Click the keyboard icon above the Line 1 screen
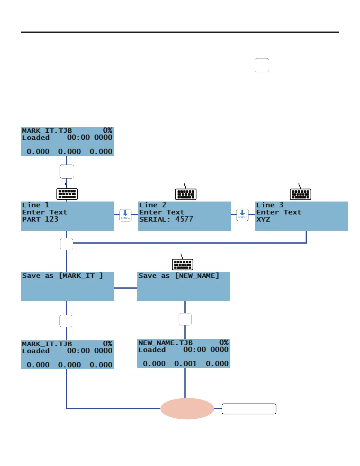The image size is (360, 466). click(x=67, y=194)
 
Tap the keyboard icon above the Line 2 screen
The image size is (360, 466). click(x=186, y=194)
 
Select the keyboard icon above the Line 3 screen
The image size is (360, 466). click(x=301, y=194)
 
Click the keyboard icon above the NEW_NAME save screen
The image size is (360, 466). click(x=182, y=264)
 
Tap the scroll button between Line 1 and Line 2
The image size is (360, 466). click(x=125, y=215)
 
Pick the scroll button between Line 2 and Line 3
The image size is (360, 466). click(x=242, y=215)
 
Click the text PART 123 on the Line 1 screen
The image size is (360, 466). click(x=40, y=219)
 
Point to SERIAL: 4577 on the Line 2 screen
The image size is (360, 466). click(x=166, y=219)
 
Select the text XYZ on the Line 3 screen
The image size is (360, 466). click(x=263, y=219)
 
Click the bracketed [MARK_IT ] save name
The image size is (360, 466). click(x=81, y=276)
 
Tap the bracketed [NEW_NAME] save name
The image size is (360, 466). click(x=197, y=276)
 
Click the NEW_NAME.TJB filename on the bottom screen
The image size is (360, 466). click(x=166, y=343)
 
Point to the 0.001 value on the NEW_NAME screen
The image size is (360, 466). click(x=186, y=364)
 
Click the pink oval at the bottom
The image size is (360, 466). click(x=187, y=409)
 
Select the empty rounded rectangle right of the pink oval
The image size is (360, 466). click(x=249, y=409)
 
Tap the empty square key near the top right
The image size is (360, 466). click(x=262, y=65)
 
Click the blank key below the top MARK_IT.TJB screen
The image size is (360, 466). click(x=67, y=172)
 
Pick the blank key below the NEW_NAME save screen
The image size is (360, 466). click(x=185, y=319)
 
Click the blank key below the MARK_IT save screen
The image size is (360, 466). click(x=66, y=321)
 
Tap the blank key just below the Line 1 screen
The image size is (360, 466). click(x=66, y=244)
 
